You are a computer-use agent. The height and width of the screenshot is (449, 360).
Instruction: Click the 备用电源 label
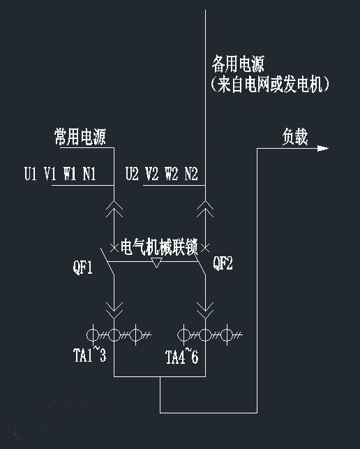238,64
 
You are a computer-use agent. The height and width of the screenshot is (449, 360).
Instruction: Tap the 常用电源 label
80,137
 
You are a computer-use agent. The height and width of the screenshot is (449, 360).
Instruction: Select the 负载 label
295,137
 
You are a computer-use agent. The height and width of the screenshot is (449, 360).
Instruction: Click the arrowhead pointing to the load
323,148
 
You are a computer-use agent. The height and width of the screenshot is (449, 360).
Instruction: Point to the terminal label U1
31,174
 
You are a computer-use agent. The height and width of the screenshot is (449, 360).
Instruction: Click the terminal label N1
89,174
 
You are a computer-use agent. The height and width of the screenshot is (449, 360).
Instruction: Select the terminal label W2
172,174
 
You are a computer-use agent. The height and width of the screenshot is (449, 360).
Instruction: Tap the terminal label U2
132,174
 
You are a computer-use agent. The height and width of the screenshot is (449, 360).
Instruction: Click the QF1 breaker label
83,267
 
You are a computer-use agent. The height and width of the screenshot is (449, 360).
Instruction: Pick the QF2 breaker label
223,263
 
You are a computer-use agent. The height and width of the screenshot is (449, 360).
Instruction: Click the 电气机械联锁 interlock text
159,246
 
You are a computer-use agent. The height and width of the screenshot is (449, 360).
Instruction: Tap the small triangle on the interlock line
156,263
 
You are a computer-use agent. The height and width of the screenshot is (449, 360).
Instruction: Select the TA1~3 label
89,355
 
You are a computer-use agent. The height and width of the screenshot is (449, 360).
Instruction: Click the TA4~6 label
181,356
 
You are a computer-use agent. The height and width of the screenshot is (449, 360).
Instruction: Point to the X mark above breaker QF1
114,248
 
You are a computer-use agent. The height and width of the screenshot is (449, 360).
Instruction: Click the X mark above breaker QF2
205,248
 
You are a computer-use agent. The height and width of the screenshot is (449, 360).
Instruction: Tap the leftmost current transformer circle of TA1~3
93,334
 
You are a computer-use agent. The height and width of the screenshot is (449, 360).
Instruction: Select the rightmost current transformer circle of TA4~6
227,334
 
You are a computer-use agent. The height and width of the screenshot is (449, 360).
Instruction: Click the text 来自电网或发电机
270,84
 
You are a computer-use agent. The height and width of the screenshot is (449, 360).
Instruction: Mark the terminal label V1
50,174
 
